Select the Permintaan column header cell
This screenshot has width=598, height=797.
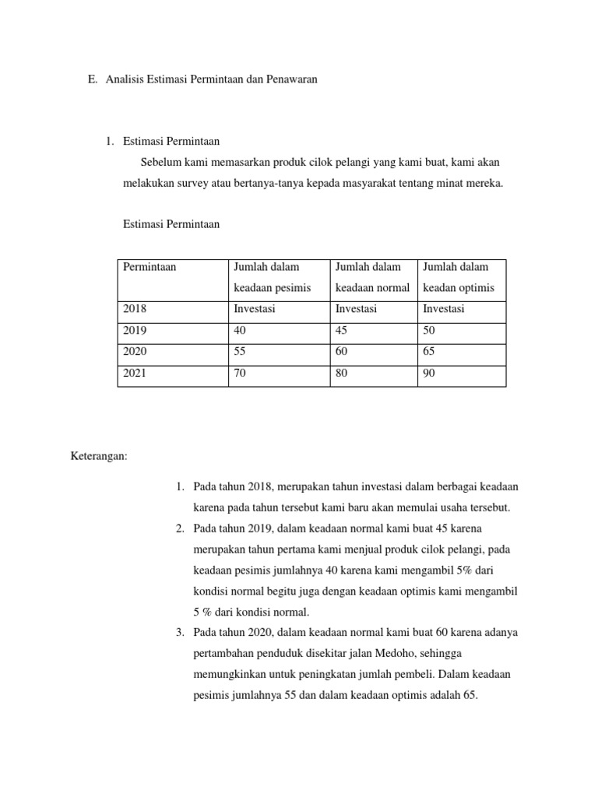[x=149, y=267]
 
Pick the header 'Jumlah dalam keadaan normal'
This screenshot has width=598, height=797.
[x=372, y=277]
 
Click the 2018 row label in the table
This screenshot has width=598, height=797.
[x=135, y=309]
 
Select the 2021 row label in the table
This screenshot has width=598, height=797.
[x=135, y=374]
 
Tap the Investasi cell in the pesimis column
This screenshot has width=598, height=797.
[x=255, y=309]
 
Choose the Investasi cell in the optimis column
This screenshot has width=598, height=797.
[x=443, y=309]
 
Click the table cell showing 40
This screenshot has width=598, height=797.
[x=240, y=330]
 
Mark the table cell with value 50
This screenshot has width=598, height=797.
[x=429, y=330]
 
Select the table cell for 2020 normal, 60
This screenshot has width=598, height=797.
[x=341, y=352]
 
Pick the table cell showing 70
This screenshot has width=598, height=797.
[x=240, y=374]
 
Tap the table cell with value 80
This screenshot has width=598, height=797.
[x=341, y=374]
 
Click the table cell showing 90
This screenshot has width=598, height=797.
[x=429, y=374]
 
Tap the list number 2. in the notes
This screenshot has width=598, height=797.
[x=180, y=528]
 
